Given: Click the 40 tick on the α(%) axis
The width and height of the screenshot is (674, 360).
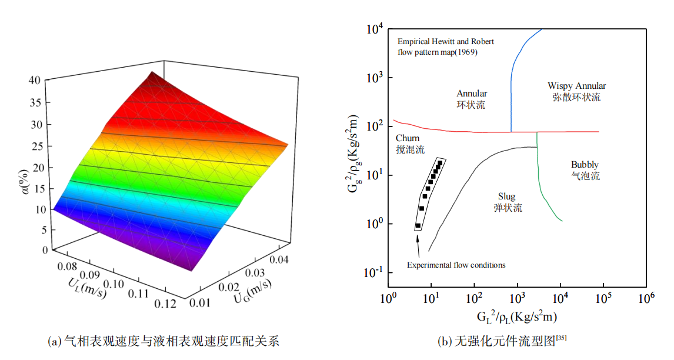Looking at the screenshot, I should coord(35,81).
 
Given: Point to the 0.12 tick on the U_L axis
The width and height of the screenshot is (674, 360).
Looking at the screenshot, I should coord(166,304).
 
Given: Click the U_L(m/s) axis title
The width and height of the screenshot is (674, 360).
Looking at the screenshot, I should coord(88,286).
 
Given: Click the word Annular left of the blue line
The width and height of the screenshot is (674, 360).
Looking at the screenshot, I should coord(472,94).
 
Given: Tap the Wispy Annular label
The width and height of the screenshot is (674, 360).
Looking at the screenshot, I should coord(576,86).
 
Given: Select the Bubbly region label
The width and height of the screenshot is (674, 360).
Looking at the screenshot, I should coord(585,165).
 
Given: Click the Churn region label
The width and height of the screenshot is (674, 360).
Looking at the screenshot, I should coord(408,138).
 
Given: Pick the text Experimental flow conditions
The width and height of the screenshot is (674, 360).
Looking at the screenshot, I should coord(456,265).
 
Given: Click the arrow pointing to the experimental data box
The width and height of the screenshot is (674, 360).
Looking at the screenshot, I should coord(418,246).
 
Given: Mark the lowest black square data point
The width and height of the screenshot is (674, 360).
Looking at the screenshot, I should coord(418,225).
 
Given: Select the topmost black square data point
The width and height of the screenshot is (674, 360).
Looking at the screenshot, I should coord(440,162).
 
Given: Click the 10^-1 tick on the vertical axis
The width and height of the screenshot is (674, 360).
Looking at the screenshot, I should coord(373,272).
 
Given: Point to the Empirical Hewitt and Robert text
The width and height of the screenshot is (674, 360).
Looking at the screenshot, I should coord(446,42).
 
